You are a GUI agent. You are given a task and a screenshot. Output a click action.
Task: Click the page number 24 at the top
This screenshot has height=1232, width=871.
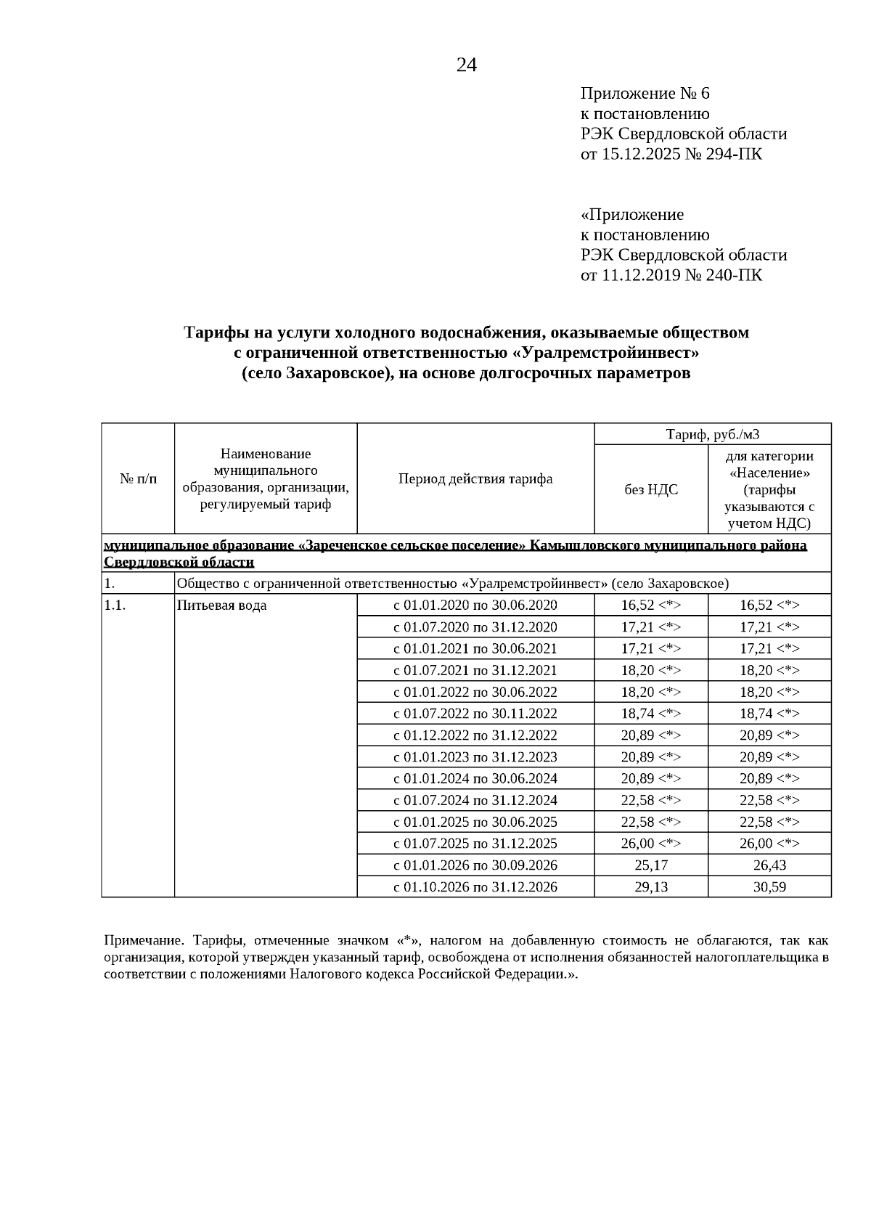pyautogui.click(x=467, y=65)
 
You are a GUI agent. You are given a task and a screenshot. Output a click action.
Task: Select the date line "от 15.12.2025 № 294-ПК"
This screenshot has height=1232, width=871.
pyautogui.click(x=671, y=154)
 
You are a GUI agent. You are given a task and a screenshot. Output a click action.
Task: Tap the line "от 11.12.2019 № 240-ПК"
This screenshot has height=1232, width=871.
pyautogui.click(x=671, y=275)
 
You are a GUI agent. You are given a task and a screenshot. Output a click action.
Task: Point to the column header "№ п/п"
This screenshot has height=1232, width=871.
pyautogui.click(x=138, y=478)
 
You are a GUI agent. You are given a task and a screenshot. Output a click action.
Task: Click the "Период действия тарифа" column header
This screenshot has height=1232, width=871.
pyautogui.click(x=475, y=478)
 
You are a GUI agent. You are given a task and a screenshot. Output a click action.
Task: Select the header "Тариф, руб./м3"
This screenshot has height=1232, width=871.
pyautogui.click(x=712, y=434)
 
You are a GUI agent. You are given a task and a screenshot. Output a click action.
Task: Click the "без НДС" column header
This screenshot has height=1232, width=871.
pyautogui.click(x=651, y=489)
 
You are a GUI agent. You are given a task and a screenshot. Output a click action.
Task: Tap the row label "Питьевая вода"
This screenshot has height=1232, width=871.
pyautogui.click(x=221, y=605)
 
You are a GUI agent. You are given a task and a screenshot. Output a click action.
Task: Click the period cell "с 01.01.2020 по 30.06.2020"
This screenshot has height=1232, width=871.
pyautogui.click(x=475, y=605)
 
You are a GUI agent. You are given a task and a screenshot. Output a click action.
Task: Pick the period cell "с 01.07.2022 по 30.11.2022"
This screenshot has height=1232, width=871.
pyautogui.click(x=475, y=714)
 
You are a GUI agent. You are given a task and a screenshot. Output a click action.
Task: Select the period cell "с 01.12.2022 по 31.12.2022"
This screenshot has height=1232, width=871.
pyautogui.click(x=475, y=735)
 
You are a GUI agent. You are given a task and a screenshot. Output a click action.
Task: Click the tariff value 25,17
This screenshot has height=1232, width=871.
pyautogui.click(x=651, y=865)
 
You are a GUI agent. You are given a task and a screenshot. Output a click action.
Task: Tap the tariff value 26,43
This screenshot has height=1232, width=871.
pyautogui.click(x=769, y=865)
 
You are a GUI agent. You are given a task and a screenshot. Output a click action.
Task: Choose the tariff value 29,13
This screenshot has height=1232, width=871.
pyautogui.click(x=651, y=887)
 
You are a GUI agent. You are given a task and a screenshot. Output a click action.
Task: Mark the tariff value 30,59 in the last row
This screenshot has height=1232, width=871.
pyautogui.click(x=769, y=887)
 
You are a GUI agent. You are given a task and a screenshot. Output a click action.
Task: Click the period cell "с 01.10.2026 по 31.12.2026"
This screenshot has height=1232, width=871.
pyautogui.click(x=475, y=887)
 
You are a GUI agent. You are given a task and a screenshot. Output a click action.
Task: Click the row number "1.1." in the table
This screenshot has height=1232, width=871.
pyautogui.click(x=115, y=605)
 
